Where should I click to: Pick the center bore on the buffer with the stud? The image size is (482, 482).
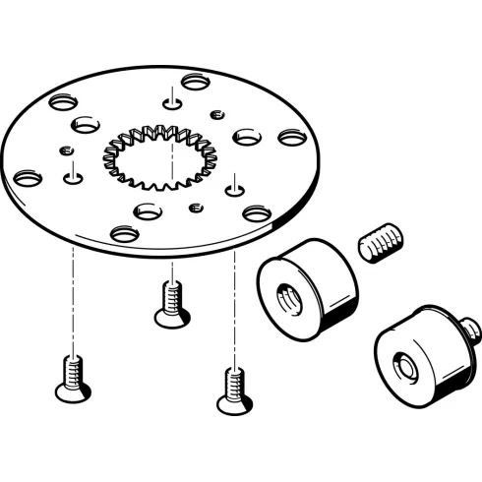pos(404,366)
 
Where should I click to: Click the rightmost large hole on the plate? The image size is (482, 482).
pos(290,138)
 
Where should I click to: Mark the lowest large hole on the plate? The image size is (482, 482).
pos(125,234)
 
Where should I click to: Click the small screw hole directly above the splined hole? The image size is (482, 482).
pos(172,100)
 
